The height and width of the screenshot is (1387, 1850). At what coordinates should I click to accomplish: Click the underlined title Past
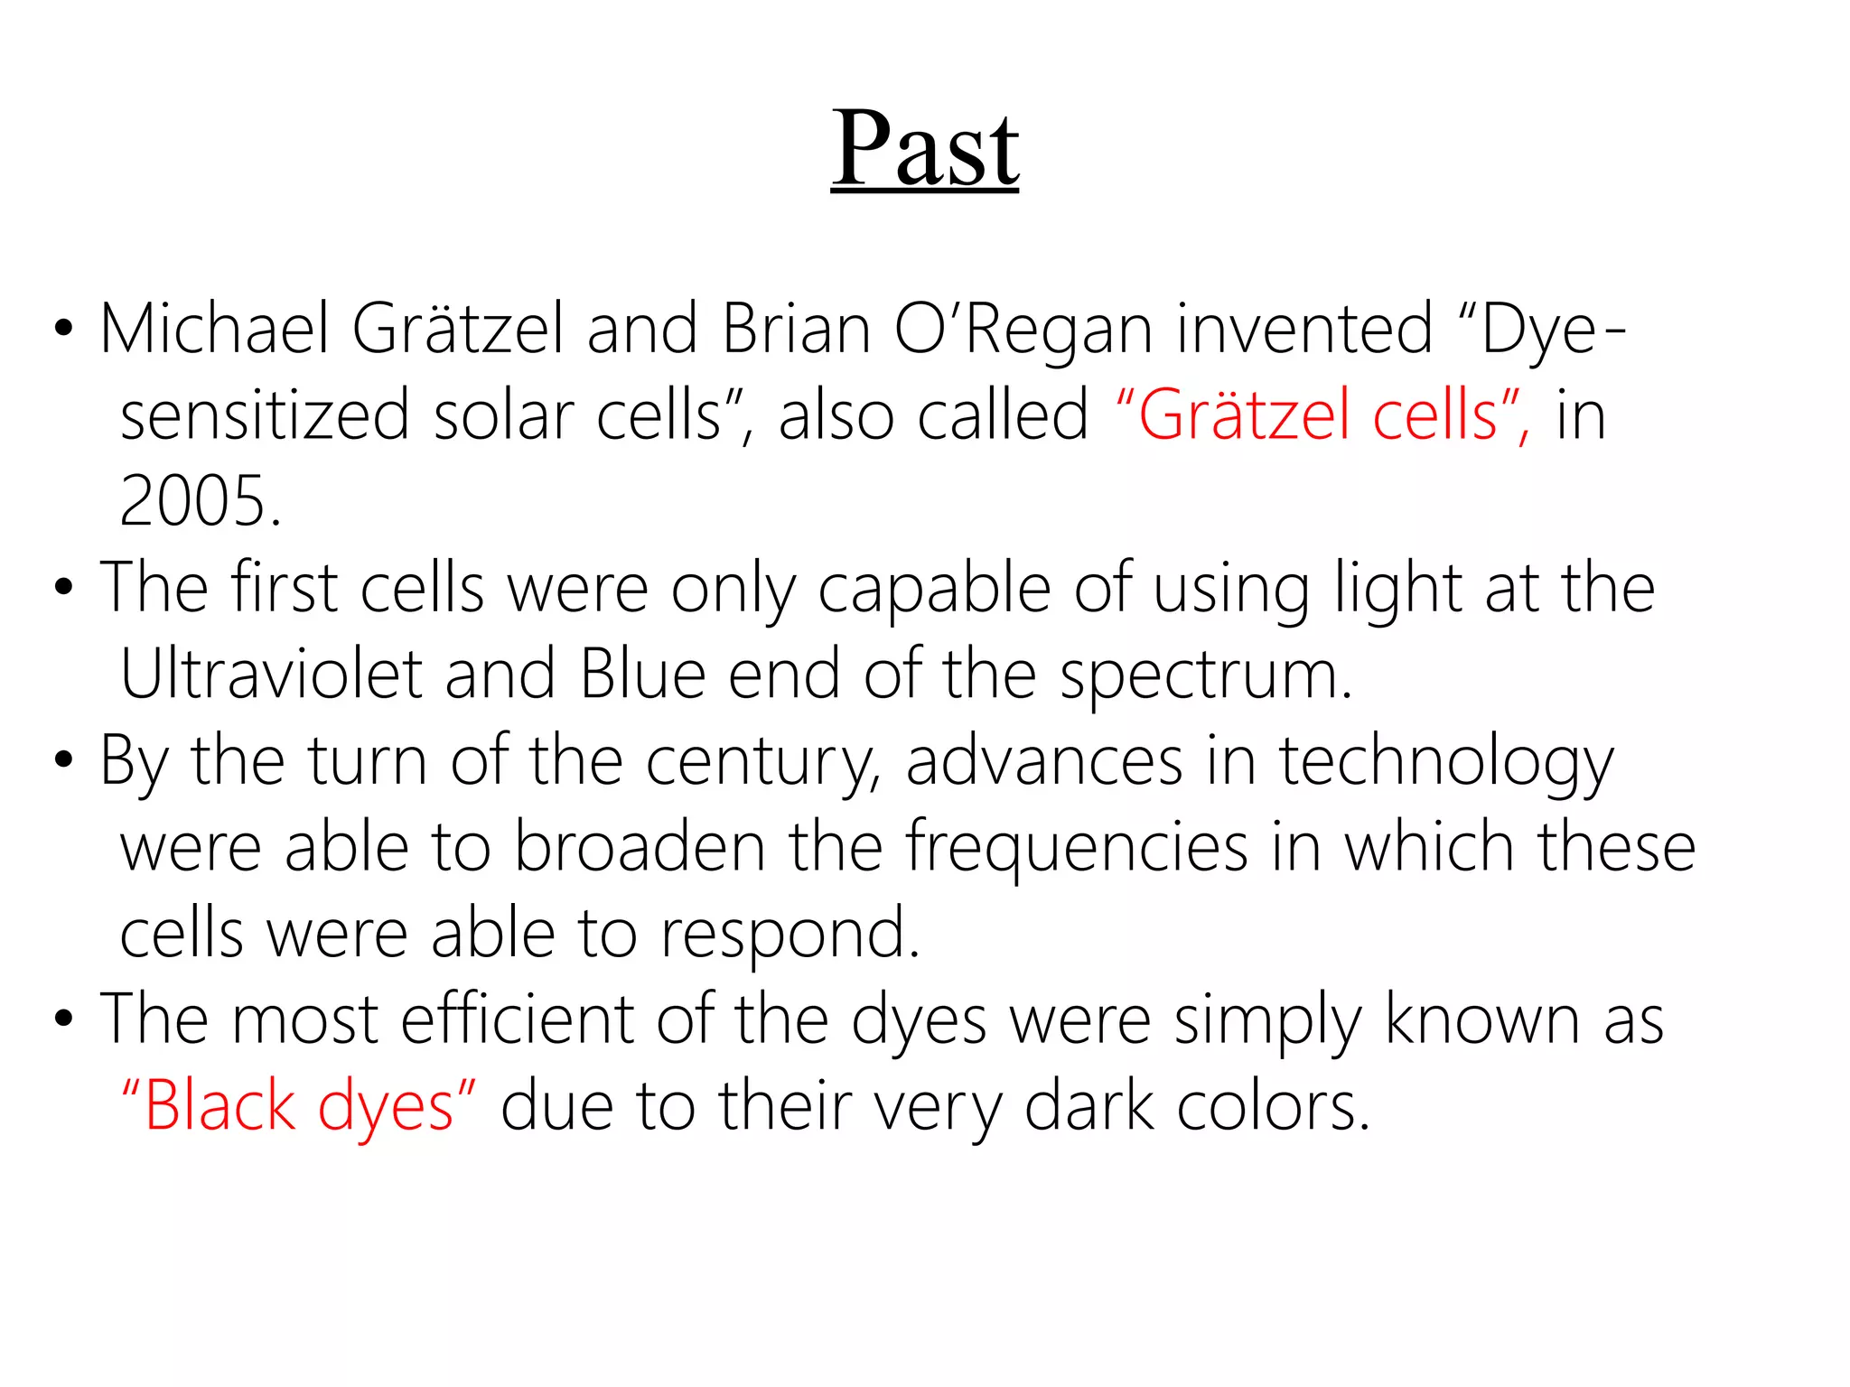(925, 149)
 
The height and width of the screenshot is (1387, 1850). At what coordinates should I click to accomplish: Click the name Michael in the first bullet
(214, 329)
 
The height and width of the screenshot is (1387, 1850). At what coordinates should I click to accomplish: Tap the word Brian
(796, 329)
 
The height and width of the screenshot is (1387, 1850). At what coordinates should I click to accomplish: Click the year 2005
(201, 502)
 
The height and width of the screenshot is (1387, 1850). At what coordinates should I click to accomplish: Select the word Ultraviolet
(271, 675)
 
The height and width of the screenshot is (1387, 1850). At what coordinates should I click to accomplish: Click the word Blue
(642, 675)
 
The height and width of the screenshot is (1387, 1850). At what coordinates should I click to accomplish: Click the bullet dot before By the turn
(62, 760)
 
